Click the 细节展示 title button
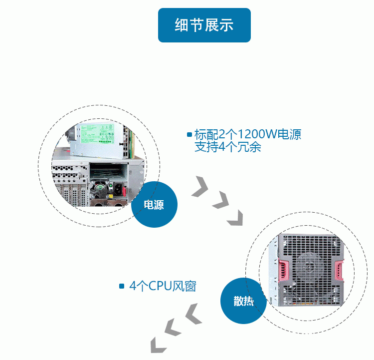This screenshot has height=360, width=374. pyautogui.click(x=204, y=25)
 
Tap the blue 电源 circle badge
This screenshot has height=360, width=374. pyautogui.click(x=154, y=205)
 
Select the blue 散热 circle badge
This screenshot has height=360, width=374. pyautogui.click(x=243, y=301)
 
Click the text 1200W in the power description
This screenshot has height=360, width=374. pyautogui.click(x=255, y=135)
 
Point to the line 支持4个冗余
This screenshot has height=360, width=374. pyautogui.click(x=227, y=147)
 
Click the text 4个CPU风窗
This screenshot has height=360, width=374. pyautogui.click(x=163, y=286)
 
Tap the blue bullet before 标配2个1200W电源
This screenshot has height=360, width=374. pyautogui.click(x=189, y=135)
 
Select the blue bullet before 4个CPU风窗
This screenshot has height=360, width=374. pyautogui.click(x=122, y=286)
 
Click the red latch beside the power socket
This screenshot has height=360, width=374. pyautogui.click(x=133, y=191)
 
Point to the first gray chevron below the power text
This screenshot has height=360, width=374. pyautogui.click(x=200, y=185)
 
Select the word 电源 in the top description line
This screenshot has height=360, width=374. pyautogui.click(x=289, y=135)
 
